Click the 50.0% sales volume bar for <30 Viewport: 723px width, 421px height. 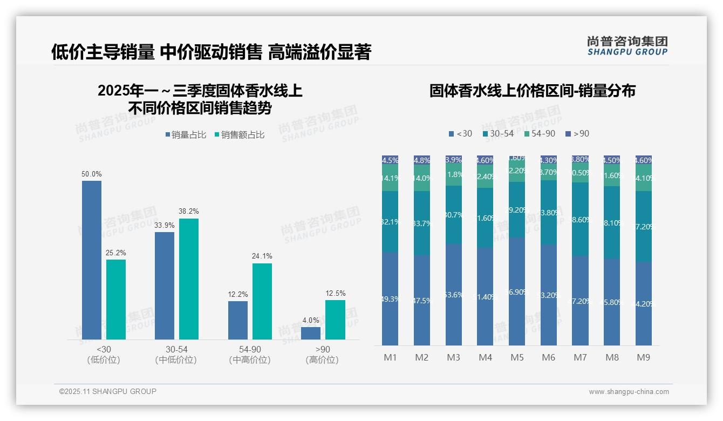pos(92,260)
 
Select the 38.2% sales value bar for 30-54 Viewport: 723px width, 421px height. pos(189,279)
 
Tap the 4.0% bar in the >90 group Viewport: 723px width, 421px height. pos(311,333)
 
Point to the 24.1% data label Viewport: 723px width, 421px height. pos(262,256)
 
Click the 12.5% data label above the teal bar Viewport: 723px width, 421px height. pos(335,294)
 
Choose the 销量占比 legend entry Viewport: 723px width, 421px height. pos(186,135)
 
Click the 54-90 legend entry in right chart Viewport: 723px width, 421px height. pos(539,133)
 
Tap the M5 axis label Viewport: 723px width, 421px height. pos(517,357)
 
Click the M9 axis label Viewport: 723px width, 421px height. pos(643,357)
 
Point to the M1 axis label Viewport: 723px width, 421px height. pos(390,357)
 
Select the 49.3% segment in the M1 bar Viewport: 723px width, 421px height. pos(390,298)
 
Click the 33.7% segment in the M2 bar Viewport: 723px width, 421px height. pos(422,223)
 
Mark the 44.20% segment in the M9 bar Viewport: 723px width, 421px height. pos(643,303)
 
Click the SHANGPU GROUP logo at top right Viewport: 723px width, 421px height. pos(627,46)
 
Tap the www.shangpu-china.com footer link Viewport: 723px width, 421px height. pos(629,392)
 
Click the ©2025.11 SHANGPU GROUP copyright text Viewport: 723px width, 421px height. pos(107,391)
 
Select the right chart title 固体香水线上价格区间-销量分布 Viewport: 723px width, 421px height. pos(532,91)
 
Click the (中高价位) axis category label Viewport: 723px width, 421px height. pos(250,360)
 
